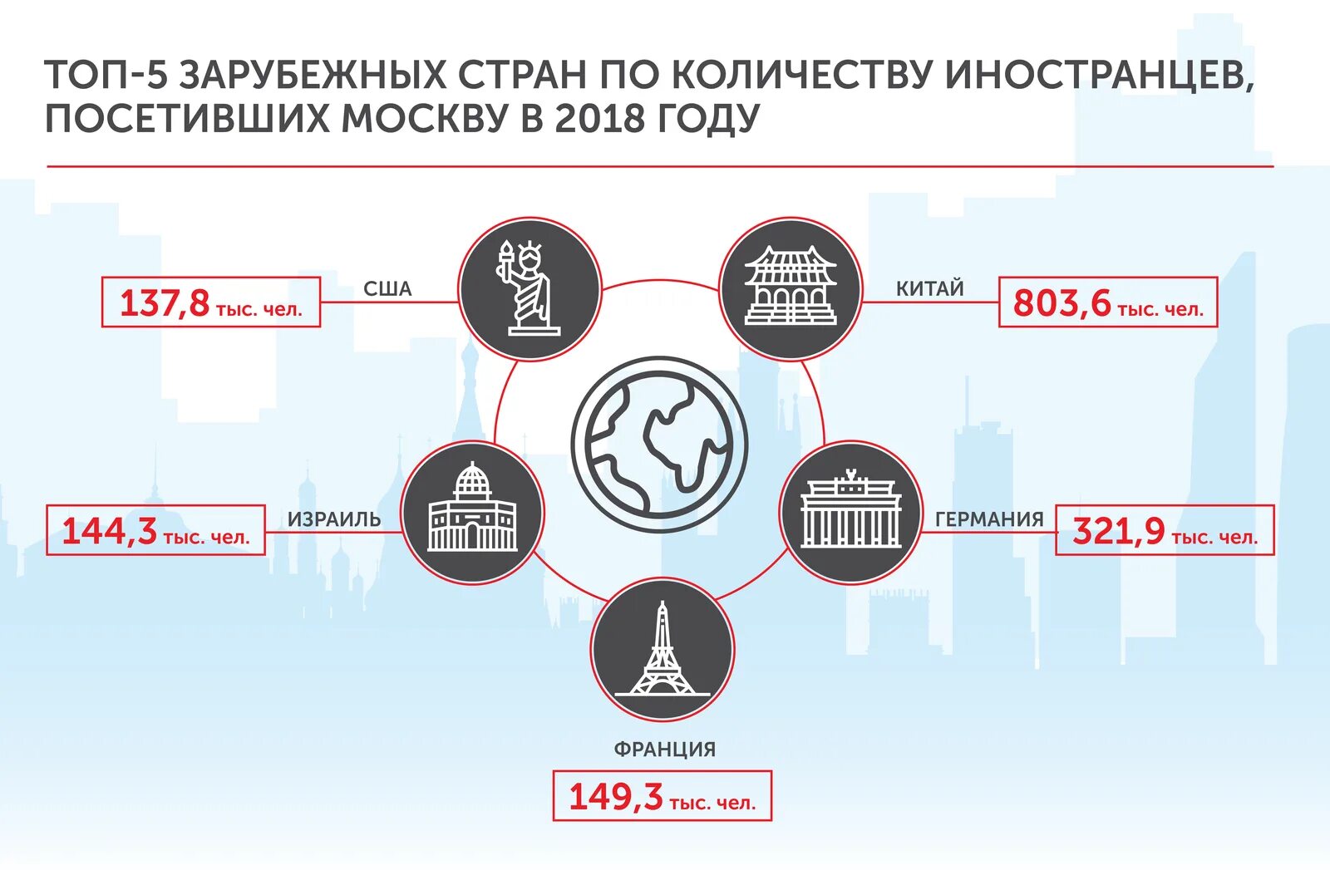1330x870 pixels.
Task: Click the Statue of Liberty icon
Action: click(x=530, y=288)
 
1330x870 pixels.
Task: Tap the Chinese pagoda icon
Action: click(x=790, y=288)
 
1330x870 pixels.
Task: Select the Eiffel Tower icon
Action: click(x=663, y=650)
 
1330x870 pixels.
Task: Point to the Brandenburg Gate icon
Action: click(x=850, y=512)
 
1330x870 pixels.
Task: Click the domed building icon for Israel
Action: click(x=472, y=511)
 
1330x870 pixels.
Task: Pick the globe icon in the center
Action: click(x=659, y=445)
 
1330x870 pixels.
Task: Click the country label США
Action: click(x=387, y=289)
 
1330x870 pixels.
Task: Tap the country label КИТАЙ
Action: click(x=929, y=289)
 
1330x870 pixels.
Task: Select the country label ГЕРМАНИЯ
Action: click(x=989, y=519)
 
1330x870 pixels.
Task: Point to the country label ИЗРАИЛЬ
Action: click(x=334, y=519)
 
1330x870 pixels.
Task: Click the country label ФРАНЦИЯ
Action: click(x=664, y=749)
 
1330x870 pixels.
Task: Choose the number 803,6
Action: click(x=1062, y=303)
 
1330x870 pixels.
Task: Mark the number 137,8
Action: click(x=165, y=303)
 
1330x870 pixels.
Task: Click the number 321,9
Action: click(x=1119, y=531)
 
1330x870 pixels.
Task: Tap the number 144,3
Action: click(x=109, y=531)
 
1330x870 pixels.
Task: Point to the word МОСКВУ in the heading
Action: click(x=424, y=118)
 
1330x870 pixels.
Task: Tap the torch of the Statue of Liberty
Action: click(x=505, y=251)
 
